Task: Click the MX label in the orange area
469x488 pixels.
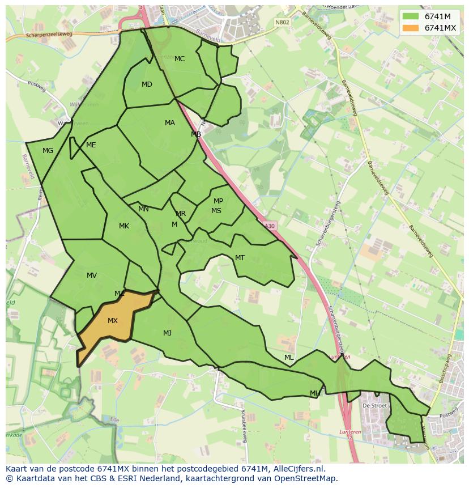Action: (x=113, y=321)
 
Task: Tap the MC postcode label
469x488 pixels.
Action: (x=180, y=59)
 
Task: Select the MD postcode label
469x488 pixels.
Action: (x=147, y=84)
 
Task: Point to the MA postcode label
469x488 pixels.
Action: (x=170, y=123)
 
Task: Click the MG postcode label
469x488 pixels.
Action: (x=48, y=151)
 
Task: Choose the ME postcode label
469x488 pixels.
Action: (x=91, y=145)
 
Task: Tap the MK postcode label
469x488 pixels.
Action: (x=124, y=226)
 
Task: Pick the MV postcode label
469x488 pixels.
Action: (x=92, y=275)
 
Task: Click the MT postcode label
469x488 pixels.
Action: (x=240, y=258)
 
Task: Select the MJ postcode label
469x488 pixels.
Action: (x=167, y=333)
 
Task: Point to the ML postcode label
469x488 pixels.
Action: (x=289, y=358)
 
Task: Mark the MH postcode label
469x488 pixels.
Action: (x=315, y=393)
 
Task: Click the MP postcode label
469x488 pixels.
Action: (x=218, y=201)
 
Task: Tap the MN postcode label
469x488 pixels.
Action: (x=143, y=209)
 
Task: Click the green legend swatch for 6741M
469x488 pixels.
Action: (x=411, y=16)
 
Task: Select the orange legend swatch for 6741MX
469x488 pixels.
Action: (x=411, y=28)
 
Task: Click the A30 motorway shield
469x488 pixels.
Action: (x=270, y=226)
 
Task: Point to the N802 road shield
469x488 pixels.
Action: (x=282, y=23)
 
